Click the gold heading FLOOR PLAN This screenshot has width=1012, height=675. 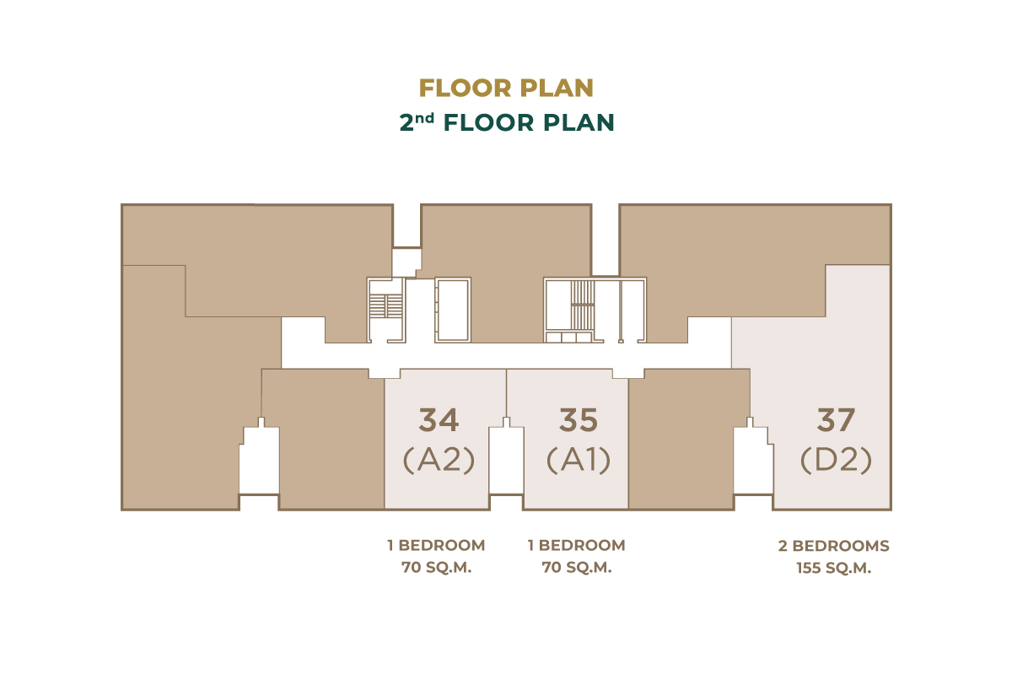506,88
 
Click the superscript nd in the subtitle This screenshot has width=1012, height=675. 424,118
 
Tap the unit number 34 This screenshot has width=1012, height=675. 439,420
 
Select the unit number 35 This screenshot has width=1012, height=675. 579,420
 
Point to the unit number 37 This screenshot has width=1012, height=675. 836,420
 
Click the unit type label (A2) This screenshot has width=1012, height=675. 439,460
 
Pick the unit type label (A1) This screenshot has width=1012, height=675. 579,460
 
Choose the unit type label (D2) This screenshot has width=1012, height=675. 836,460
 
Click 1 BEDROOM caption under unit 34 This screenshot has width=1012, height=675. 436,545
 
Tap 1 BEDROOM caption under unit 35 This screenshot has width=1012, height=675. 577,545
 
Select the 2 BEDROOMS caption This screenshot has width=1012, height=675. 833,546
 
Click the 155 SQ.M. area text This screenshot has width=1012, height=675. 833,568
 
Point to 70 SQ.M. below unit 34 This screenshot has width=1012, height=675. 437,567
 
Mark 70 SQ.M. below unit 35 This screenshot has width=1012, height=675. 577,567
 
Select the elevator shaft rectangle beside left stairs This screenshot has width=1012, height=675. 452,310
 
